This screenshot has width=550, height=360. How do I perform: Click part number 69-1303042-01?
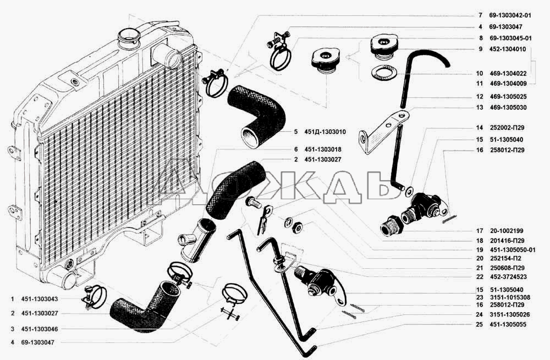510,15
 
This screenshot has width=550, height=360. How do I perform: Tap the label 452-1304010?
508,49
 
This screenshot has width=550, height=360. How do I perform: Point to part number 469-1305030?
508,108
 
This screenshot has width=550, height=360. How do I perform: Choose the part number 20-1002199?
507,231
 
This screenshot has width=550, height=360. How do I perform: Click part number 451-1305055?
508,325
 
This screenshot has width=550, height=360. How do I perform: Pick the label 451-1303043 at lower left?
40,299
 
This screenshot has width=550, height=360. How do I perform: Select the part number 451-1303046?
40,329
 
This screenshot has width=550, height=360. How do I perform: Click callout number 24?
480,314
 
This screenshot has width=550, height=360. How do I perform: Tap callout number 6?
296,149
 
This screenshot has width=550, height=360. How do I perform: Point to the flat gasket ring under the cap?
383,73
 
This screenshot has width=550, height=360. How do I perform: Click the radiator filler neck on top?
129,38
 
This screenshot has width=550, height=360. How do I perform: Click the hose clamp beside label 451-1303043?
94,297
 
